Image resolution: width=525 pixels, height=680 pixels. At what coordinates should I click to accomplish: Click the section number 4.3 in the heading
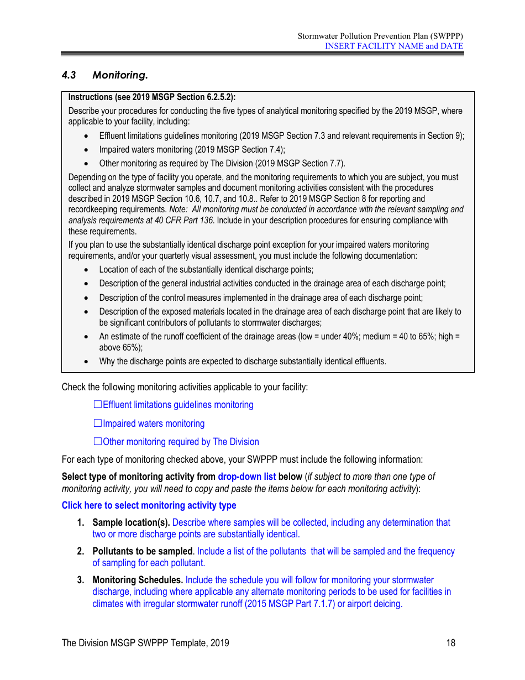pyautogui.click(x=69, y=75)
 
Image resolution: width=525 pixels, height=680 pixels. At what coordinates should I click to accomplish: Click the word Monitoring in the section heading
pyautogui.click(x=120, y=75)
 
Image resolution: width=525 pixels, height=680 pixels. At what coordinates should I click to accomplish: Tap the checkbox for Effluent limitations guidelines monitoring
pyautogui.click(x=98, y=405)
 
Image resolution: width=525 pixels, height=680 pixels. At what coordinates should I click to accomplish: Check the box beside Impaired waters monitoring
pyautogui.click(x=98, y=423)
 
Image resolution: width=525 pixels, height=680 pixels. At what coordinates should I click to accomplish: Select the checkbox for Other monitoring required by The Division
pyautogui.click(x=98, y=442)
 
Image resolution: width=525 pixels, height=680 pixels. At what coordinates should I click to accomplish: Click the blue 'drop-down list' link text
pyautogui.click(x=246, y=477)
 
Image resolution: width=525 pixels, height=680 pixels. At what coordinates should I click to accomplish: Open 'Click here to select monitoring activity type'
pyautogui.click(x=149, y=505)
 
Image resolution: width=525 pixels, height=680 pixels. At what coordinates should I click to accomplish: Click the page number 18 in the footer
pyautogui.click(x=451, y=643)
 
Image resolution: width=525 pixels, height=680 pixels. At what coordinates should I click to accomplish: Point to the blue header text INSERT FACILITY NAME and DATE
pyautogui.click(x=393, y=46)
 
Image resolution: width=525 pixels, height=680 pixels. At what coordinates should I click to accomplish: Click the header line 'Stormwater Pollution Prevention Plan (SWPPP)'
pyautogui.click(x=380, y=36)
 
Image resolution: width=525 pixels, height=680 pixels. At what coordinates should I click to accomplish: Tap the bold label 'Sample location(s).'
pyautogui.click(x=131, y=522)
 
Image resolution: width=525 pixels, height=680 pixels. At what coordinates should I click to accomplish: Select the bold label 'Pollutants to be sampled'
pyautogui.click(x=143, y=551)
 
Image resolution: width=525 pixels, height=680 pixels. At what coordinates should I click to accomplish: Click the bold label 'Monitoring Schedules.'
pyautogui.click(x=138, y=580)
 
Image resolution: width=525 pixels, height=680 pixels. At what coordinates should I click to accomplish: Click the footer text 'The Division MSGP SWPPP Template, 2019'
pyautogui.click(x=145, y=643)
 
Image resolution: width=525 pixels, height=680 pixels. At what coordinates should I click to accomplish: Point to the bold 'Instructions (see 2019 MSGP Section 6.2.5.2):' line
pyautogui.click(x=151, y=97)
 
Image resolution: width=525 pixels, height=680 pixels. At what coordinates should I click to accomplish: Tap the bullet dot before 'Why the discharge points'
pyautogui.click(x=86, y=362)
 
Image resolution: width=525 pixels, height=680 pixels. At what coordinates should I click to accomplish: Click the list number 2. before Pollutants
pyautogui.click(x=81, y=551)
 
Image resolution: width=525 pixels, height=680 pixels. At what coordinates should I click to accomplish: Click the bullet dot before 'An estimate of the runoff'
pyautogui.click(x=86, y=337)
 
